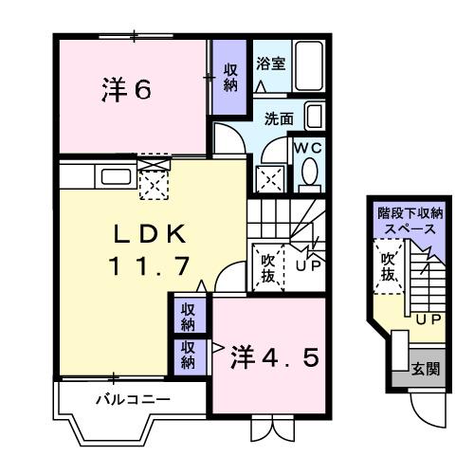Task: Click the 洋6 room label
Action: click(x=126, y=91)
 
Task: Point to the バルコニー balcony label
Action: click(x=133, y=400)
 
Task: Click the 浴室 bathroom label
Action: click(x=271, y=64)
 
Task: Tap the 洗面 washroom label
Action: click(x=279, y=120)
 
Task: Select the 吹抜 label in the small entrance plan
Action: click(x=388, y=266)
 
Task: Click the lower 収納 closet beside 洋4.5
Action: click(x=189, y=354)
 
